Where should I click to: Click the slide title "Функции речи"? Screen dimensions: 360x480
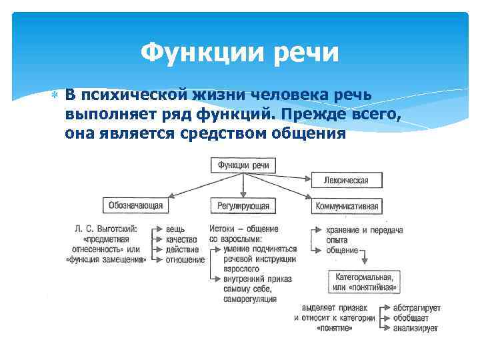click(x=241, y=51)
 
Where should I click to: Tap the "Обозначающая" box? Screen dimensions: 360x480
click(x=133, y=205)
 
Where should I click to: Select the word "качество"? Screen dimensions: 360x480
click(x=182, y=239)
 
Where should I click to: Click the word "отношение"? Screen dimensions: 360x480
click(x=185, y=260)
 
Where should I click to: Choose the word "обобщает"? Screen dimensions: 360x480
click(x=410, y=318)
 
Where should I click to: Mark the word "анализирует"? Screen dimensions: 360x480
click(x=415, y=329)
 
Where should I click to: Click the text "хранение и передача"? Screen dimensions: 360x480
click(x=365, y=230)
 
